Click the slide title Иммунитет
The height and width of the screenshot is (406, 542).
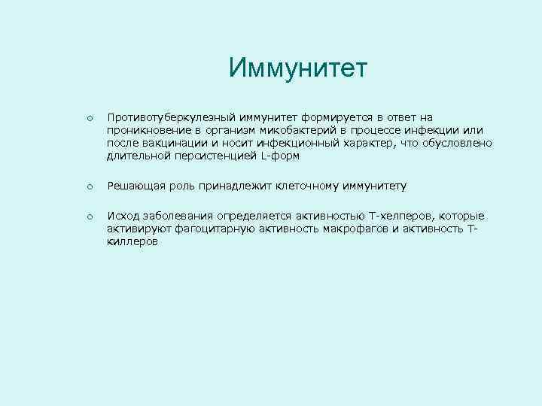pos(298,68)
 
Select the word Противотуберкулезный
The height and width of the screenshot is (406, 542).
pos(172,117)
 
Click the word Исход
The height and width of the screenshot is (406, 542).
pos(123,216)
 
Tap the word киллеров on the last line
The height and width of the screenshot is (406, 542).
pos(132,241)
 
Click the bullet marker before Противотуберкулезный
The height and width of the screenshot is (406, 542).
pos(89,118)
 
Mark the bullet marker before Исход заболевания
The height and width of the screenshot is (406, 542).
pos(89,217)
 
